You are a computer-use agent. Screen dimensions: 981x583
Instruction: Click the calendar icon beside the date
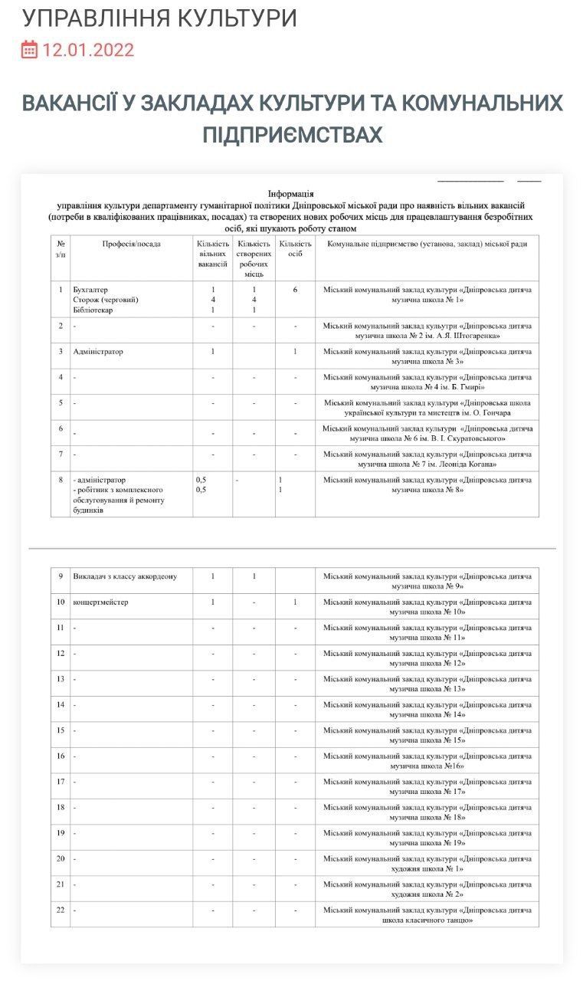pos(29,51)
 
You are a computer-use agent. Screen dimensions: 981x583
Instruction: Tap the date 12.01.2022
pos(88,51)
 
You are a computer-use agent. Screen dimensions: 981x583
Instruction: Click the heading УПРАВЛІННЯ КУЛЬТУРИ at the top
pos(159,18)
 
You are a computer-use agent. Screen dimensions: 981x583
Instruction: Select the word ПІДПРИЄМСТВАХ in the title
pos(292,136)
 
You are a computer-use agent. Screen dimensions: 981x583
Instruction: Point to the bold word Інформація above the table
pos(291,195)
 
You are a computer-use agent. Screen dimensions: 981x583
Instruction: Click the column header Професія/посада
pos(131,244)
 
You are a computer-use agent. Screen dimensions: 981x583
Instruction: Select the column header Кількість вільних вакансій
pos(212,254)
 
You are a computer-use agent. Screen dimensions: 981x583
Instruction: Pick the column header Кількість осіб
pos(295,248)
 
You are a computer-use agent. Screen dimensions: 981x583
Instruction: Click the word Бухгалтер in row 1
pos(90,290)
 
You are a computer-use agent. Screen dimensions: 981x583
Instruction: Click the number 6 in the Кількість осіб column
pos(295,290)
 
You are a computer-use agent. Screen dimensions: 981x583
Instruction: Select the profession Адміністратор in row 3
pos(98,352)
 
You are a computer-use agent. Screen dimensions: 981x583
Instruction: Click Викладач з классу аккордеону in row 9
pos(125,576)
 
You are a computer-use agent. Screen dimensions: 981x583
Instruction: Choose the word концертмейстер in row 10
pos(100,602)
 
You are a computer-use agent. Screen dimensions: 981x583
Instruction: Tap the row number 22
pos(61,910)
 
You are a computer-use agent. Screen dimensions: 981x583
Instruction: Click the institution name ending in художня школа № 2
pos(427,889)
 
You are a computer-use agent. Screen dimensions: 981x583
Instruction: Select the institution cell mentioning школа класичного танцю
pos(427,915)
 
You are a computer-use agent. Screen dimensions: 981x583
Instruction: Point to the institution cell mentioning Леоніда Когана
pos(427,459)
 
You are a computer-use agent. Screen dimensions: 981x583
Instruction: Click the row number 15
pos(61,730)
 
